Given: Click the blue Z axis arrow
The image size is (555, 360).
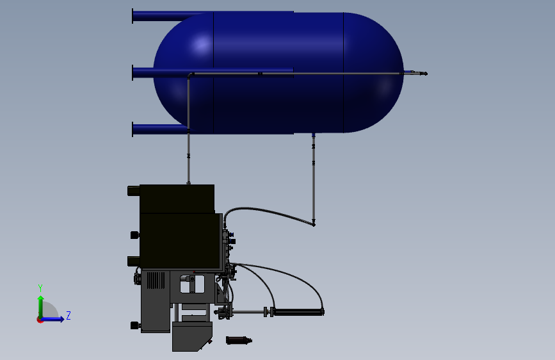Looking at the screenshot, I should pyautogui.click(x=56, y=318).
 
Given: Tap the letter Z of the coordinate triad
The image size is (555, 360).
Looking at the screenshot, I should pyautogui.click(x=68, y=315).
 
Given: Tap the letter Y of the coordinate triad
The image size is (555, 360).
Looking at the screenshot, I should pyautogui.click(x=40, y=288).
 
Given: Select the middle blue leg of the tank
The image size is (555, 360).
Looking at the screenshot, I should pyautogui.click(x=143, y=72).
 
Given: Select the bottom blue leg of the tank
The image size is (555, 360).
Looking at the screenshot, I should pyautogui.click(x=151, y=129).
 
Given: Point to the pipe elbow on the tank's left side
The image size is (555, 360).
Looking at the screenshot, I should pyautogui.click(x=190, y=76).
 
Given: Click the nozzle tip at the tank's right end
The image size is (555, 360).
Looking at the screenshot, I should pyautogui.click(x=424, y=74).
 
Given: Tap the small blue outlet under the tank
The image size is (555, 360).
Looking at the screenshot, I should pyautogui.click(x=313, y=135).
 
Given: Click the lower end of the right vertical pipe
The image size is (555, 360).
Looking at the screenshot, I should pyautogui.click(x=314, y=223).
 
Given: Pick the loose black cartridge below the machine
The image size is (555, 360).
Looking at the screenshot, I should pyautogui.click(x=239, y=340).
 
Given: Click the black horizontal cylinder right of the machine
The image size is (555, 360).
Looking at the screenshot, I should pyautogui.click(x=298, y=313).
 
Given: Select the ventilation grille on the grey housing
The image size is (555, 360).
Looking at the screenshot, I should pyautogui.click(x=156, y=280).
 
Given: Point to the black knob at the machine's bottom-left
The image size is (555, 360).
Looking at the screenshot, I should pyautogui.click(x=135, y=325).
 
